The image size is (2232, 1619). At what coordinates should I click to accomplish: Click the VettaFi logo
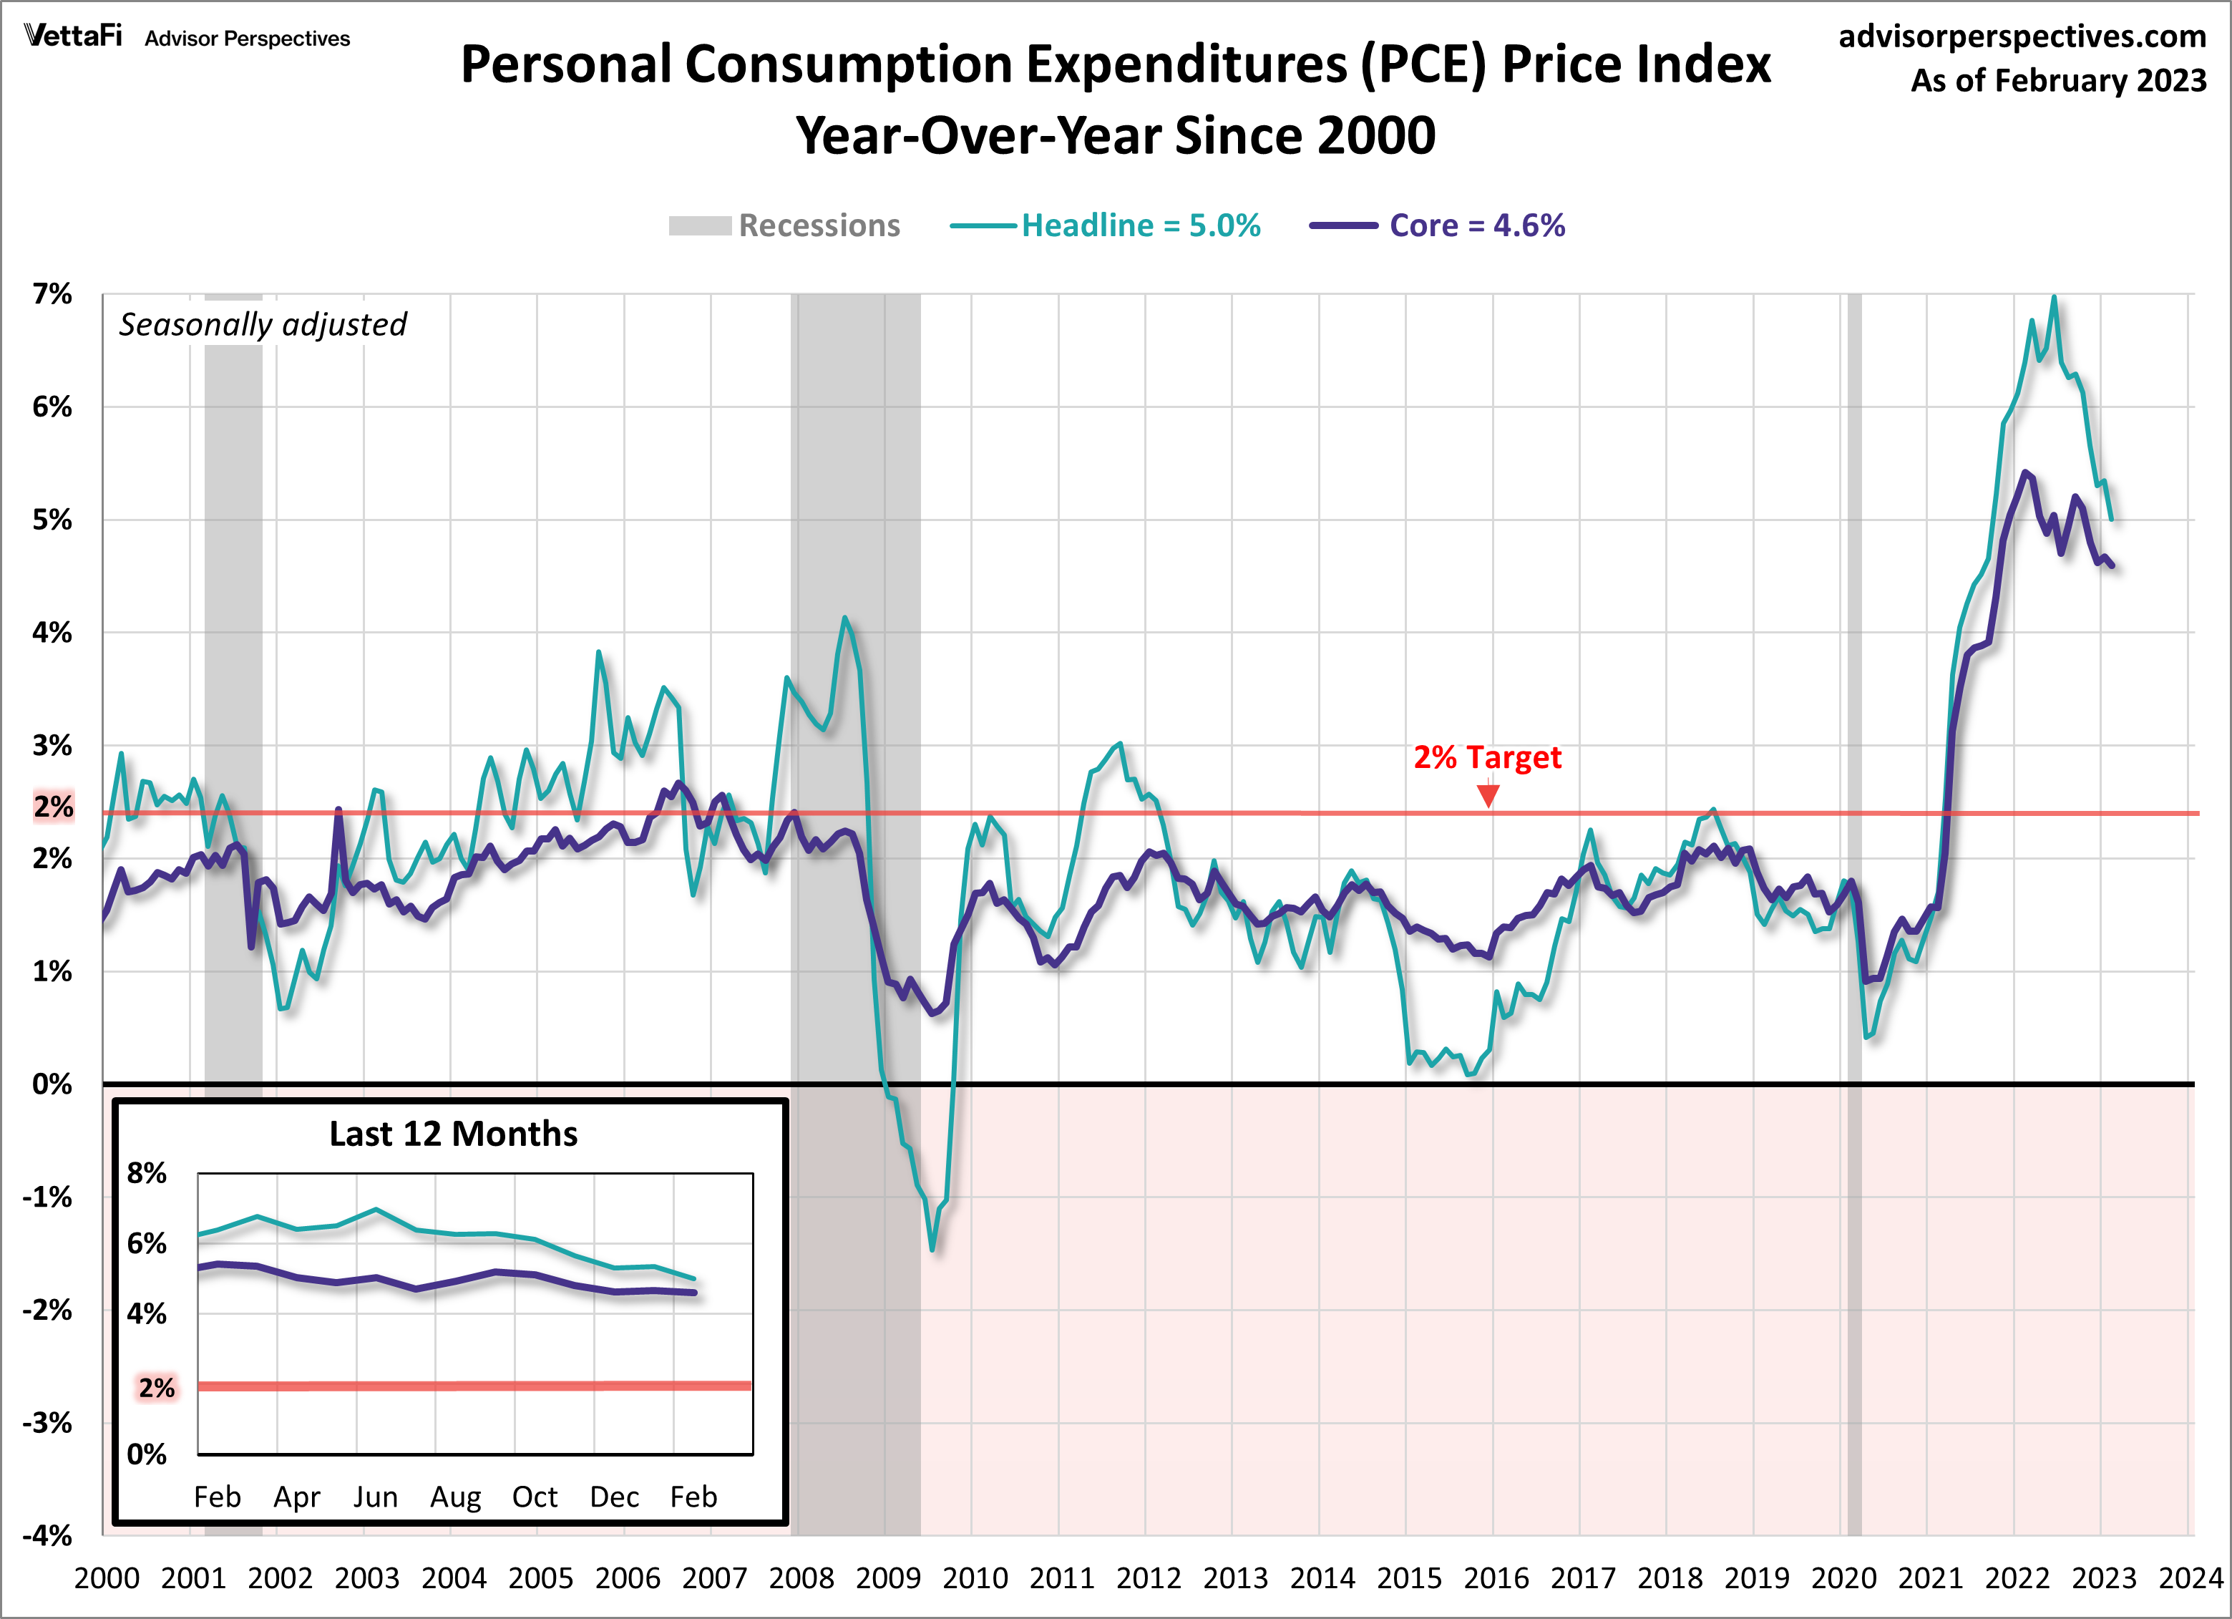pos(74,37)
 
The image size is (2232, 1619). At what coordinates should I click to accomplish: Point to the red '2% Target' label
pos(1487,757)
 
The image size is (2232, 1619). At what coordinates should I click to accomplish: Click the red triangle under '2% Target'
pos(1488,795)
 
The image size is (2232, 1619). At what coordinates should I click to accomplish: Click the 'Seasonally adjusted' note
pos(263,324)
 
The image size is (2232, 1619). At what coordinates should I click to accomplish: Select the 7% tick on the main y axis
pos(52,293)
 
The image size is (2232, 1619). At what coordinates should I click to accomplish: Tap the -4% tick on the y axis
pos(48,1535)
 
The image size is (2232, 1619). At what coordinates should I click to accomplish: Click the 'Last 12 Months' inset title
pos(453,1134)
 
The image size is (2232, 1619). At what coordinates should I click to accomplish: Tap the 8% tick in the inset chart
pos(147,1173)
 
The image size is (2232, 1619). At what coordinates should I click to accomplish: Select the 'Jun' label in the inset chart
pos(375,1497)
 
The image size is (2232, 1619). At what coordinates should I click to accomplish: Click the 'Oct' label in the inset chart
pos(535,1497)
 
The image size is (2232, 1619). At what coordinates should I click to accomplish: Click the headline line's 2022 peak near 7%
pos(2053,297)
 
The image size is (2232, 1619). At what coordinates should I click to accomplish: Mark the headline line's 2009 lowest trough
pos(932,1249)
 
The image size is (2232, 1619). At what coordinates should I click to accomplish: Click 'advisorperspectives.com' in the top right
pos(2022,37)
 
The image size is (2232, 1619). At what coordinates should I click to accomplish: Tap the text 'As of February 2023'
pos(2058,81)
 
